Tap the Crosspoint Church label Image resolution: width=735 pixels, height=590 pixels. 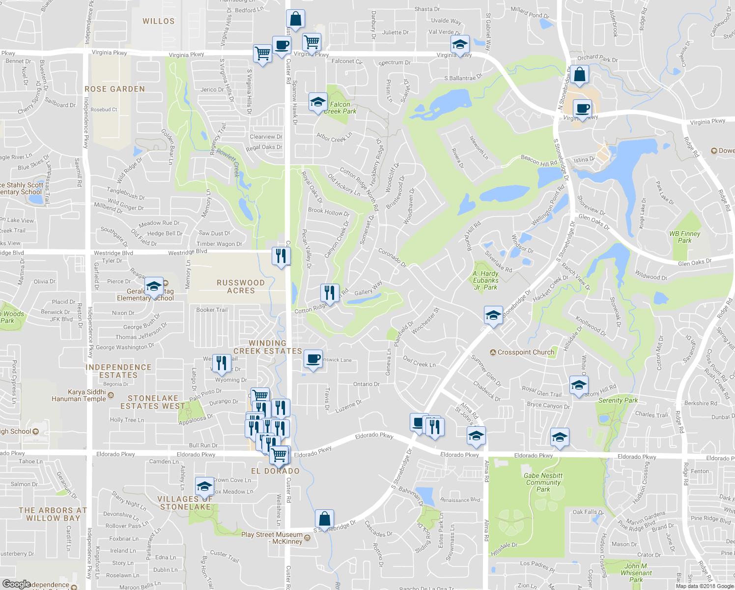click(526, 352)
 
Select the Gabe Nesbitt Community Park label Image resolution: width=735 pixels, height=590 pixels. click(543, 482)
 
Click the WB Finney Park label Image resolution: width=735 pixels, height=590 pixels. click(684, 237)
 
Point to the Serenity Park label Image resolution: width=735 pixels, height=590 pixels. click(618, 400)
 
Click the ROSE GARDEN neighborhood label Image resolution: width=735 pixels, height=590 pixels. click(114, 89)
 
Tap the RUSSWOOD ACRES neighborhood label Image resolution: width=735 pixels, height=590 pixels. click(241, 287)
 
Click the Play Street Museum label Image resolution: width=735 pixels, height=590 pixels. click(272, 538)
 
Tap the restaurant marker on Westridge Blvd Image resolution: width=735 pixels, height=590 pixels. click(281, 256)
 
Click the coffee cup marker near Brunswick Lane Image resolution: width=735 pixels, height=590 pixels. click(313, 359)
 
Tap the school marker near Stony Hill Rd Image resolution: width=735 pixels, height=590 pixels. click(579, 385)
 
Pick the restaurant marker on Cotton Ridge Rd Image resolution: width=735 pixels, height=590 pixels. click(330, 293)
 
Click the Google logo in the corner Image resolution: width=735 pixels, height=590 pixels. click(16, 584)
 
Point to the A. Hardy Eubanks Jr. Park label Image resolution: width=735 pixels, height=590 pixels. click(485, 280)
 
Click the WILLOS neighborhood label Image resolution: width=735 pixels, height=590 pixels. click(158, 21)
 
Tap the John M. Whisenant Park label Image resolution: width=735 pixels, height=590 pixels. click(636, 573)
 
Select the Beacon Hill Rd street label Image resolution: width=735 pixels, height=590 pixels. click(538, 160)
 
